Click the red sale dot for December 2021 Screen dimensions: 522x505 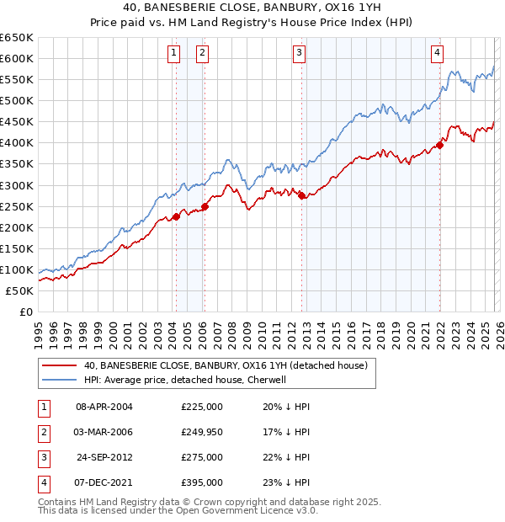[439, 144]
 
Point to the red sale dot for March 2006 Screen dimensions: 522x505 [205, 205]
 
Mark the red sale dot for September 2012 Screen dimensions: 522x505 [302, 195]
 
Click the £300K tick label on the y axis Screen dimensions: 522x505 [17, 185]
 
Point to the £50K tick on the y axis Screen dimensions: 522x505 [20, 291]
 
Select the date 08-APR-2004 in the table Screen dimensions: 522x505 [104, 407]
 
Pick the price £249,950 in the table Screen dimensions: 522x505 [202, 432]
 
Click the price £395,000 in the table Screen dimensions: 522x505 [202, 482]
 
